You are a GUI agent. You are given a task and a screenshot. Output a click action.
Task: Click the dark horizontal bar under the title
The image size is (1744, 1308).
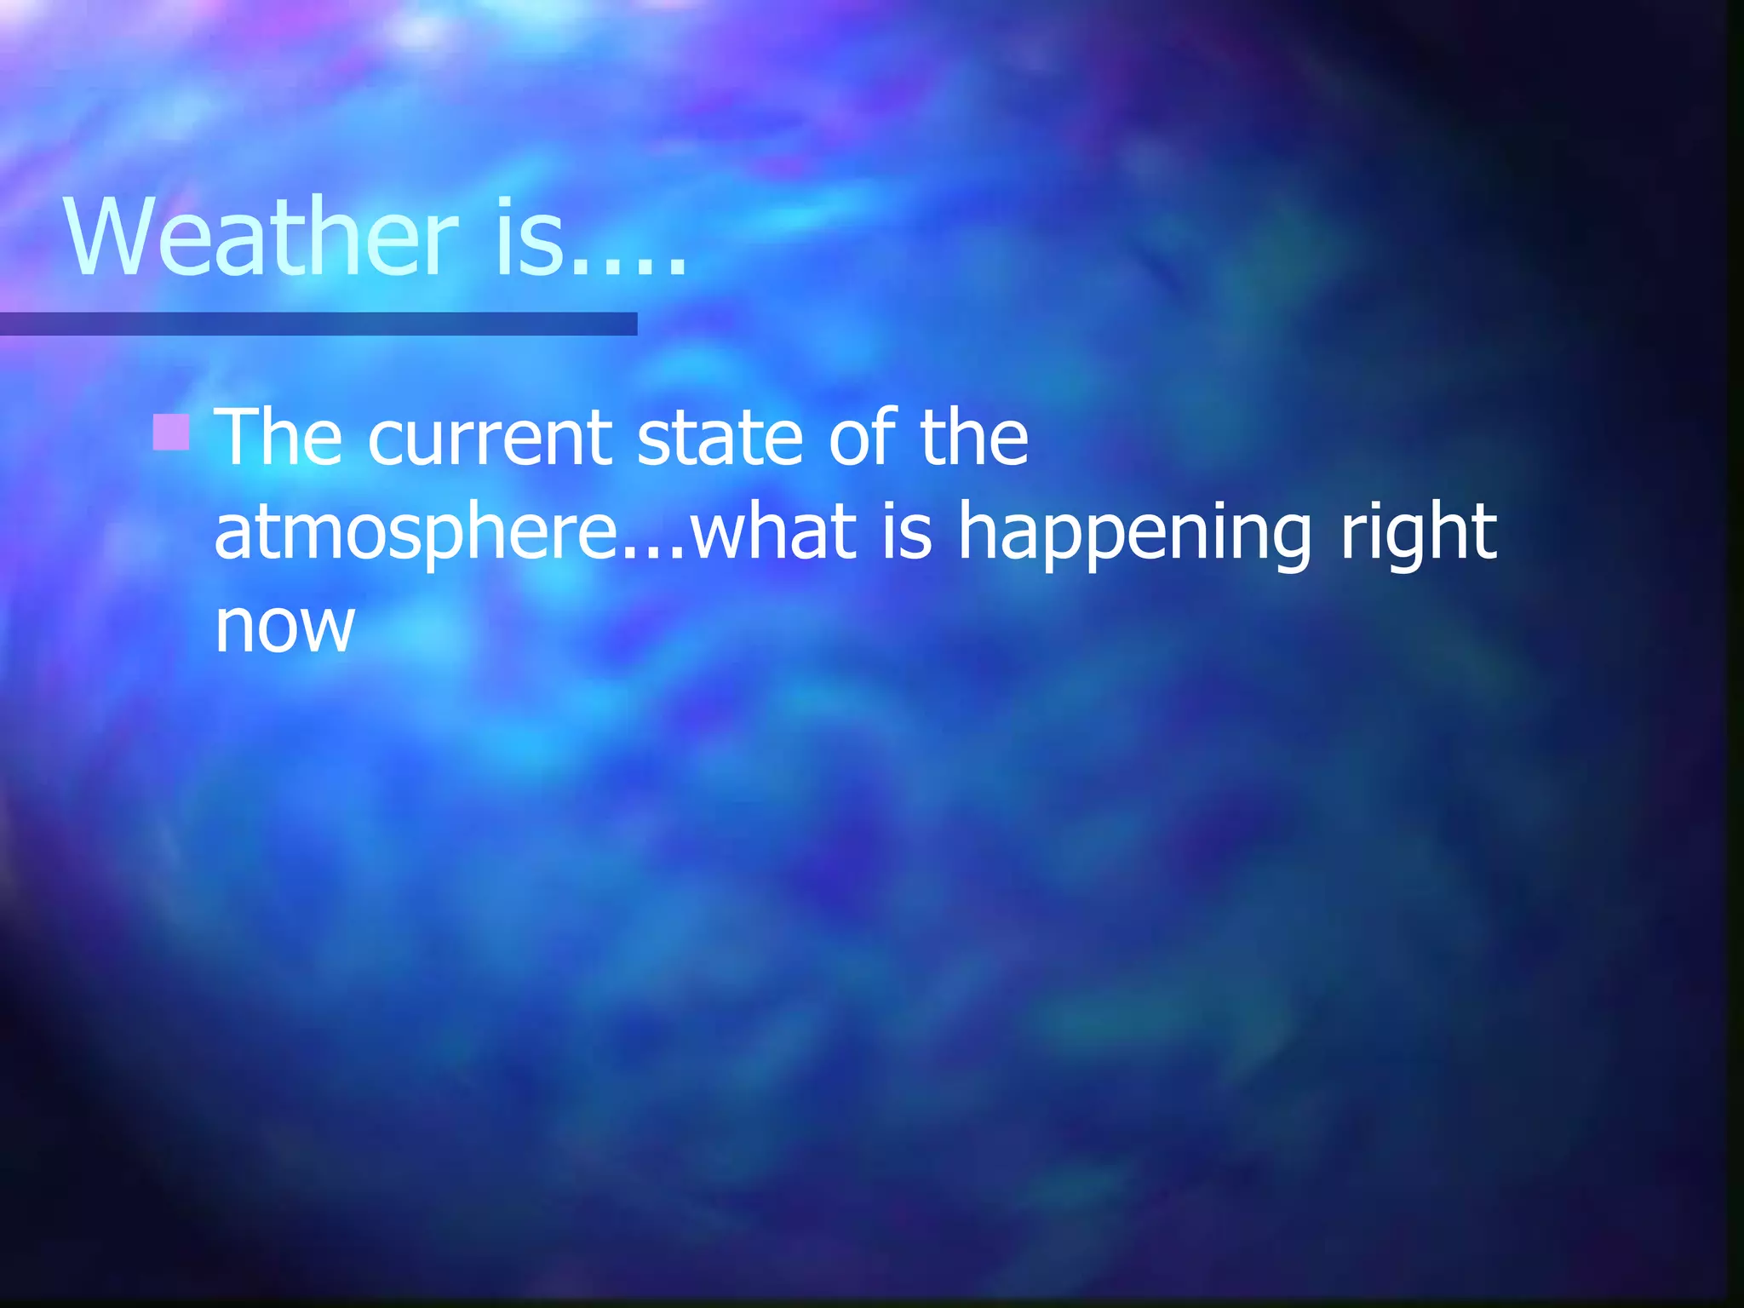(x=318, y=324)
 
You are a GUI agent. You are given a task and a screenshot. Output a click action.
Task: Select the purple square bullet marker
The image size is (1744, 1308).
(x=171, y=433)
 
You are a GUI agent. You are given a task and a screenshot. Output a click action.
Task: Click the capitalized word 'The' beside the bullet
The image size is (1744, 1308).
(x=278, y=438)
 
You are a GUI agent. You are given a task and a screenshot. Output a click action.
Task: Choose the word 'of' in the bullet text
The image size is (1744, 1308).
(x=863, y=438)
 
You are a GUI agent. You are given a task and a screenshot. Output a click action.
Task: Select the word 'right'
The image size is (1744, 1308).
(x=1418, y=535)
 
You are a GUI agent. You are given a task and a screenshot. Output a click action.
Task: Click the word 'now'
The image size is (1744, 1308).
(x=284, y=628)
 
